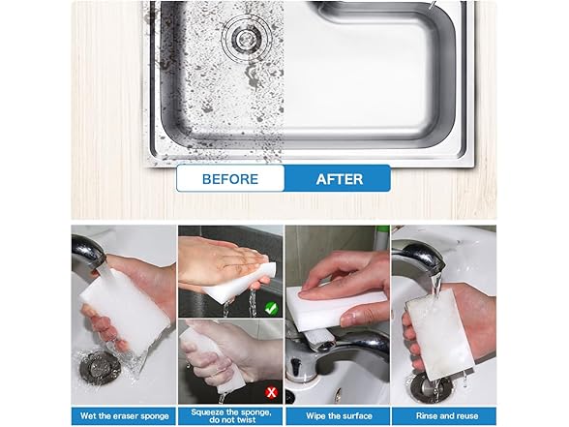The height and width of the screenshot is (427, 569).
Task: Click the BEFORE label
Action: click(230, 179)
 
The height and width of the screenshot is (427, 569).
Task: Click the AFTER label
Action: click(340, 179)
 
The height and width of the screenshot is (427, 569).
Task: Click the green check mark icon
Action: click(271, 309)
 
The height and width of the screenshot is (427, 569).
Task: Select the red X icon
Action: click(271, 392)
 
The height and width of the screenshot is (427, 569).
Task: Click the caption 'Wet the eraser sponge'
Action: click(125, 416)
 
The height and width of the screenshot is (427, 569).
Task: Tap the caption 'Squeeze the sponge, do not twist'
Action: click(230, 416)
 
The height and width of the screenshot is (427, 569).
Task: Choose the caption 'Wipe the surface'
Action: click(339, 416)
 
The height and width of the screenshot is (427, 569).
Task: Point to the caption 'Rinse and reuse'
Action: click(447, 416)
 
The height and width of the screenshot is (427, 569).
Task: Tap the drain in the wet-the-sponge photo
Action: click(100, 368)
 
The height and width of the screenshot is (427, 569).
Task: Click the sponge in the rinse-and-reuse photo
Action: click(440, 334)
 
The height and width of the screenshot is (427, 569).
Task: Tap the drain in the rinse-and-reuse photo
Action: click(428, 388)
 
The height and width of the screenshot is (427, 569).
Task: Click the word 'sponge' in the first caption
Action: click(154, 416)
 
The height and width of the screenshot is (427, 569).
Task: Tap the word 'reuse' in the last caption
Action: click(466, 416)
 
